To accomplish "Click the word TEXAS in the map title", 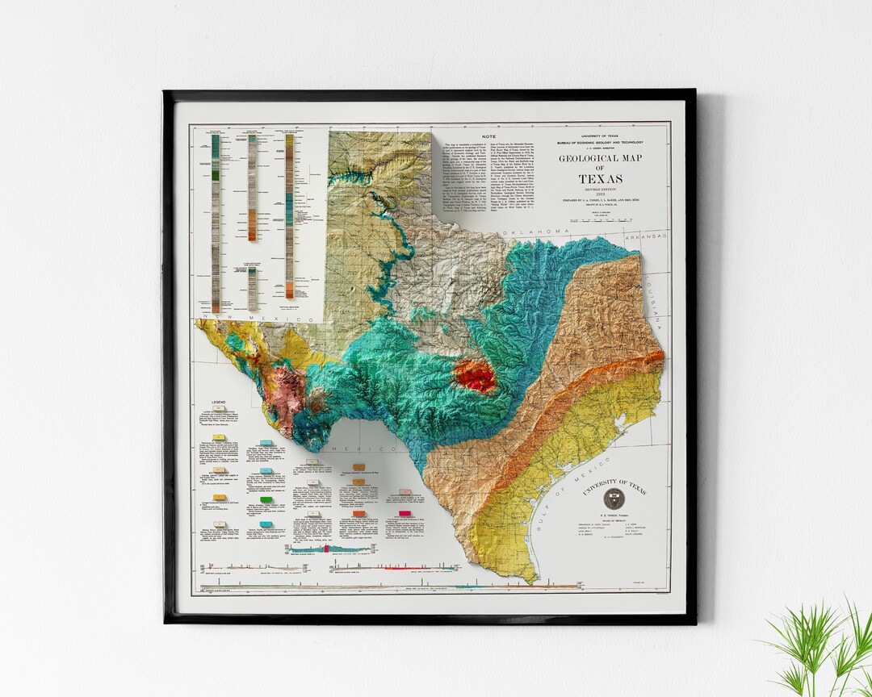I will (600, 178).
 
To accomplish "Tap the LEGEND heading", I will (219, 402).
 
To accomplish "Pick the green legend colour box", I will (265, 501).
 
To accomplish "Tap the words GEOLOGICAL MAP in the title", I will (600, 159).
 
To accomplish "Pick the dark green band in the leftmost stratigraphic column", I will (216, 172).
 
